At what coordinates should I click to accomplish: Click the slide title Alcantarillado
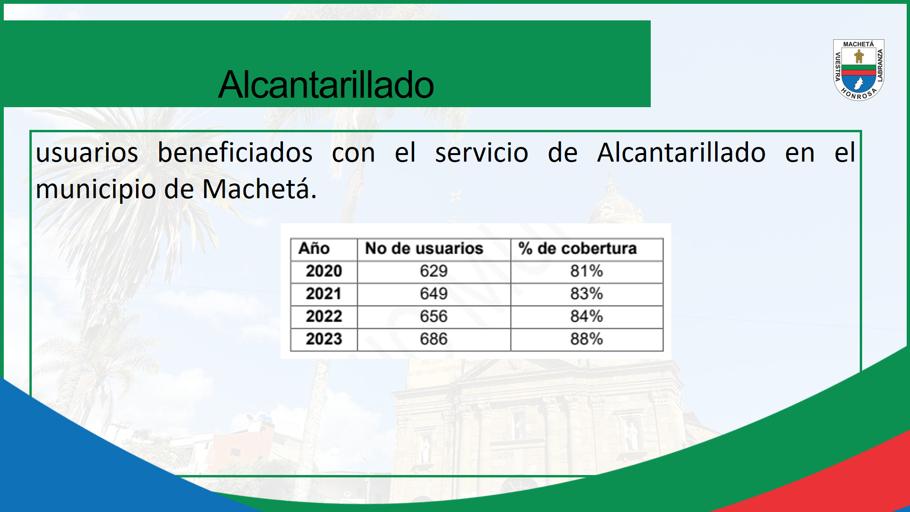click(326, 84)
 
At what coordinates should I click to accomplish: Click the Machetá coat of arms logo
click(858, 70)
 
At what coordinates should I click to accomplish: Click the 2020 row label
click(324, 271)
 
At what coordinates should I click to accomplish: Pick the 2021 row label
click(324, 294)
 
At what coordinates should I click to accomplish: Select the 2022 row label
click(324, 316)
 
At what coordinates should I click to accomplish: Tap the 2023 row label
click(324, 339)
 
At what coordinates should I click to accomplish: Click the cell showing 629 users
click(434, 271)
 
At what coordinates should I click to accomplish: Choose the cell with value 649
click(434, 294)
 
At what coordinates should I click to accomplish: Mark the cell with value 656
click(434, 316)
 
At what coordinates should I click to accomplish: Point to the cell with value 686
click(434, 339)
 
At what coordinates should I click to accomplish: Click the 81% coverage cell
click(587, 271)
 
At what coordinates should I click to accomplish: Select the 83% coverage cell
click(587, 294)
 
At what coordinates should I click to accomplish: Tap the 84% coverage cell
click(587, 316)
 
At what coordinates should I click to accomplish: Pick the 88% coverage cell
click(587, 339)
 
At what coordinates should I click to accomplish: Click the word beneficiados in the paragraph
click(235, 153)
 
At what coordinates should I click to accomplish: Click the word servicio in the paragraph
click(482, 153)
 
